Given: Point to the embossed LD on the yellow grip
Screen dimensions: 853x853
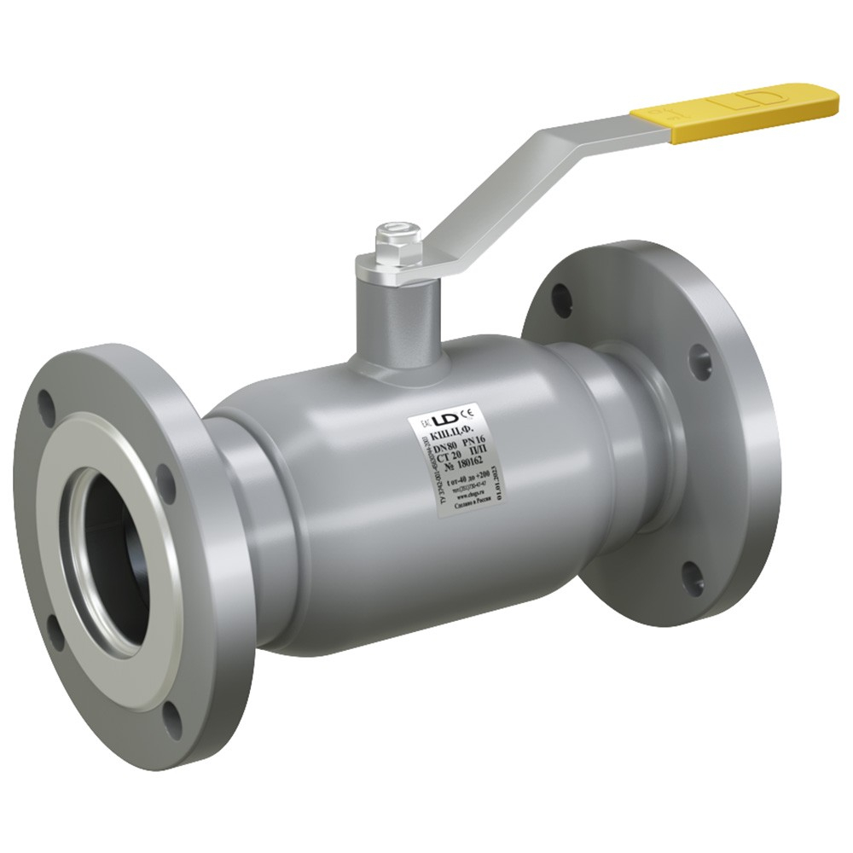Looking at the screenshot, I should click(x=751, y=99).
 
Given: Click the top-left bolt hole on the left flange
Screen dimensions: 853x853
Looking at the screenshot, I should click(x=46, y=402).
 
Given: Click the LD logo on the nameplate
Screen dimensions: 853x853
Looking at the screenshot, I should click(x=445, y=419).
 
